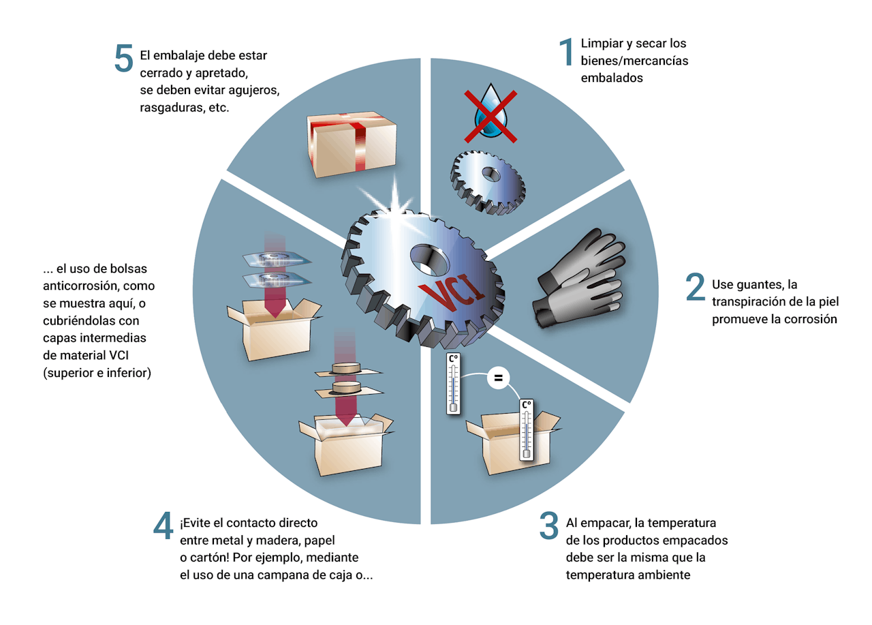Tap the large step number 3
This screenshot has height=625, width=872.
click(x=549, y=525)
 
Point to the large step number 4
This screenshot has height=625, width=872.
click(x=163, y=525)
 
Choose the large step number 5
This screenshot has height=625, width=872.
click(x=124, y=58)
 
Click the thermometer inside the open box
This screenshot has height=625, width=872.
click(x=526, y=429)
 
